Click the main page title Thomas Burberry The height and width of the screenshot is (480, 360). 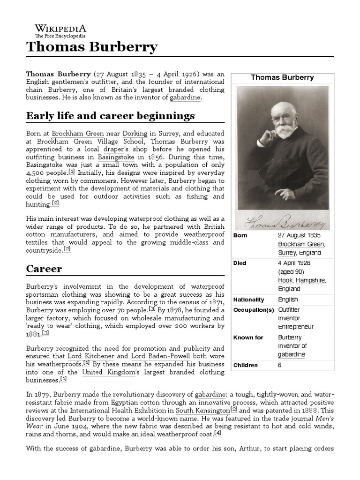92,47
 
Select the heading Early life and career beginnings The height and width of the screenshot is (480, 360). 110,115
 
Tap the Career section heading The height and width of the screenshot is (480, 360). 44,269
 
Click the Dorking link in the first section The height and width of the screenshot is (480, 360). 135,133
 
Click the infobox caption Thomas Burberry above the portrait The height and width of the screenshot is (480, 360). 282,77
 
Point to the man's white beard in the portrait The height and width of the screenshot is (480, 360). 285,130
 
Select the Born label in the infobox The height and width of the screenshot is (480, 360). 240,235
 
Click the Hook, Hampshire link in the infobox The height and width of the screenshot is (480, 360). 301,280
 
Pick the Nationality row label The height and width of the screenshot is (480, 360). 248,300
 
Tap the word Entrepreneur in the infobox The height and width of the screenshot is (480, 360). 296,326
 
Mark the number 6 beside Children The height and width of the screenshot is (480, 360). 280,365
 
